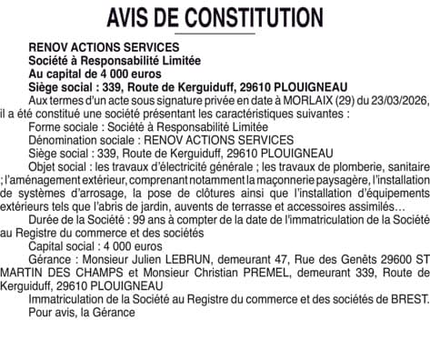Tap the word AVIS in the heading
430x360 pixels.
pos(131,17)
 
